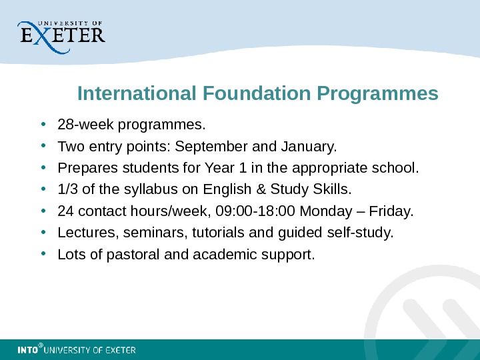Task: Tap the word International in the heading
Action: pyautogui.click(x=135, y=93)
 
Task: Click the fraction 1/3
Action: pyautogui.click(x=67, y=189)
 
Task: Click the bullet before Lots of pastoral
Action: pyautogui.click(x=43, y=254)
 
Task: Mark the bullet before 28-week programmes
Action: pyautogui.click(x=43, y=124)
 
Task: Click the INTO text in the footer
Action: pyautogui.click(x=27, y=350)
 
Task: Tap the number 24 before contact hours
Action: pyautogui.click(x=66, y=211)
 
